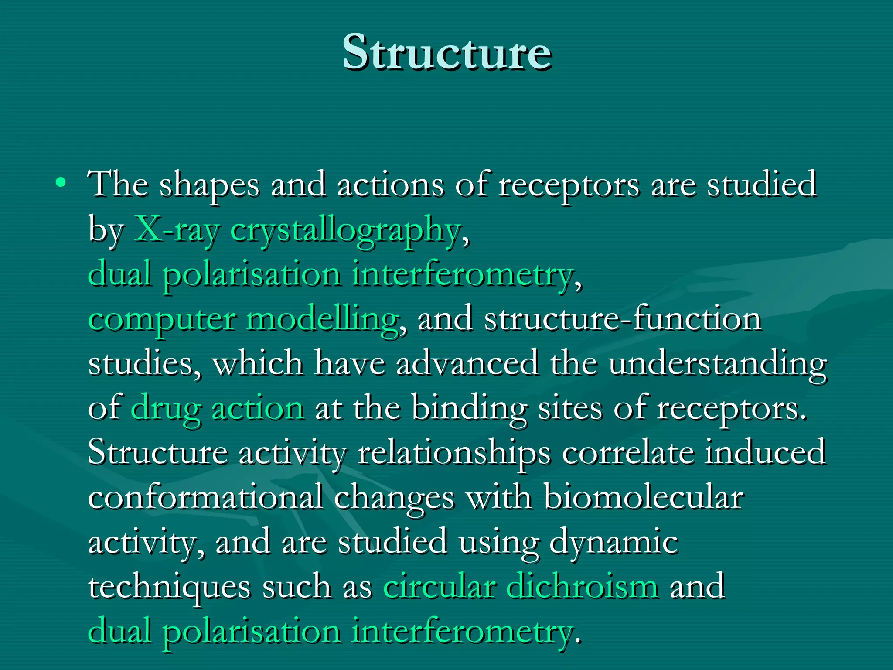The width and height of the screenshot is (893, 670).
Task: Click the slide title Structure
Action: point(446,52)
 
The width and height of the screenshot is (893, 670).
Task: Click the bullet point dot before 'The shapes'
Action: point(61,182)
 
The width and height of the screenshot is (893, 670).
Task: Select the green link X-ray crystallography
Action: point(297,229)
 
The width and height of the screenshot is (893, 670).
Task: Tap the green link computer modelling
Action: point(243,319)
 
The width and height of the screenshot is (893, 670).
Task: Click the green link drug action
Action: point(217,408)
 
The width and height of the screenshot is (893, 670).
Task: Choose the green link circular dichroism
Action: point(521,586)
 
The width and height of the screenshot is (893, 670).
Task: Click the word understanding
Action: point(718,364)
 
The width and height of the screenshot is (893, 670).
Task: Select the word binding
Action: point(469,409)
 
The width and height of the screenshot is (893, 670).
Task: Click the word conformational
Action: point(205,497)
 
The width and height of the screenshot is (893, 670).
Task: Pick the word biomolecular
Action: point(644,497)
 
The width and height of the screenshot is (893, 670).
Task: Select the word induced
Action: point(765,452)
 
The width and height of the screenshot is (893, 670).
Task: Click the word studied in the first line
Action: point(761,184)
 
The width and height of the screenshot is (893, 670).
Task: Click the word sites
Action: point(569,408)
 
